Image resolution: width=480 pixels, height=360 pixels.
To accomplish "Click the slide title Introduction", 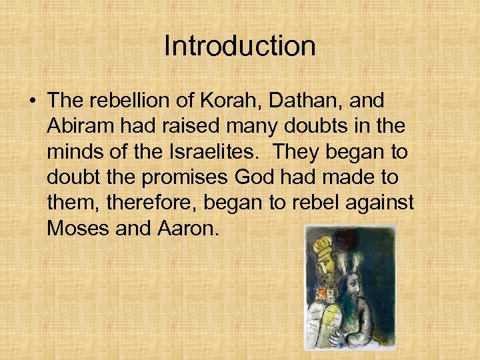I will (239, 47).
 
